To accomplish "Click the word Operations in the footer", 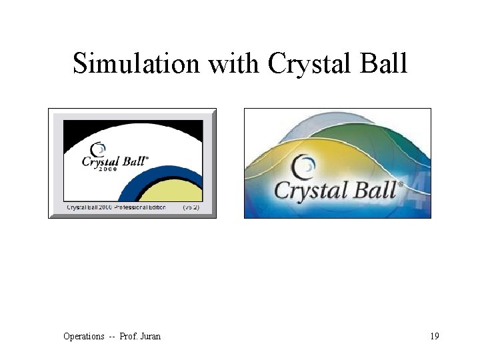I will click(83, 336).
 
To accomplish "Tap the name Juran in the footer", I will click(149, 336).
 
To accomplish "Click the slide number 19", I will click(435, 336).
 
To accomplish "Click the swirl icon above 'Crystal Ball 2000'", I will click(98, 149).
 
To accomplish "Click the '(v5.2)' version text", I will click(191, 208).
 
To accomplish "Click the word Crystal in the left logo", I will click(99, 161).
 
